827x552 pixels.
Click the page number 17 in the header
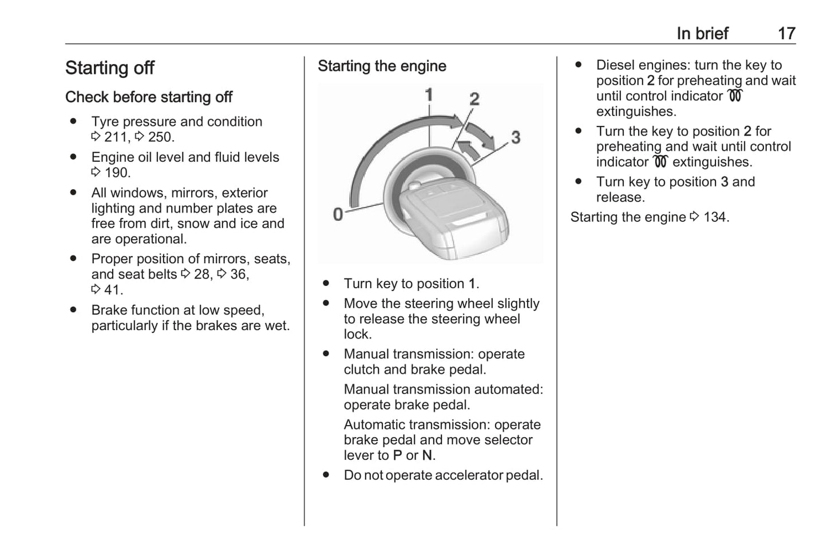click(x=786, y=33)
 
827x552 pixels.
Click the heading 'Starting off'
click(x=110, y=68)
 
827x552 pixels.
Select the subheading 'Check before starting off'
click(x=149, y=97)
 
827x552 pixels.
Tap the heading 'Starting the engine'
click(x=382, y=66)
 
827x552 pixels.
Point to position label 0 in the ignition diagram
click(x=338, y=215)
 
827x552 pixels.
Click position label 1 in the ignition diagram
click(x=429, y=95)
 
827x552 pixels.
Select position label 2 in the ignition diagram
click(x=474, y=99)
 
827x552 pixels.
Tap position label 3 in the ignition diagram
click(x=516, y=137)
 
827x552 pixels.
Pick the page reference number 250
click(x=160, y=137)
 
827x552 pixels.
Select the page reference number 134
click(x=715, y=217)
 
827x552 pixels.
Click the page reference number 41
click(x=113, y=290)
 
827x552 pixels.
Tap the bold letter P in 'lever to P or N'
click(x=398, y=456)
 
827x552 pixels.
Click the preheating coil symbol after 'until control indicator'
click(x=735, y=96)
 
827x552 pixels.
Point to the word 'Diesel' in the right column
click(x=615, y=65)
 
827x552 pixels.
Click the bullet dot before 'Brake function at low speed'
click(x=73, y=310)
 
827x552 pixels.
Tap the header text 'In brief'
click(x=702, y=33)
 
